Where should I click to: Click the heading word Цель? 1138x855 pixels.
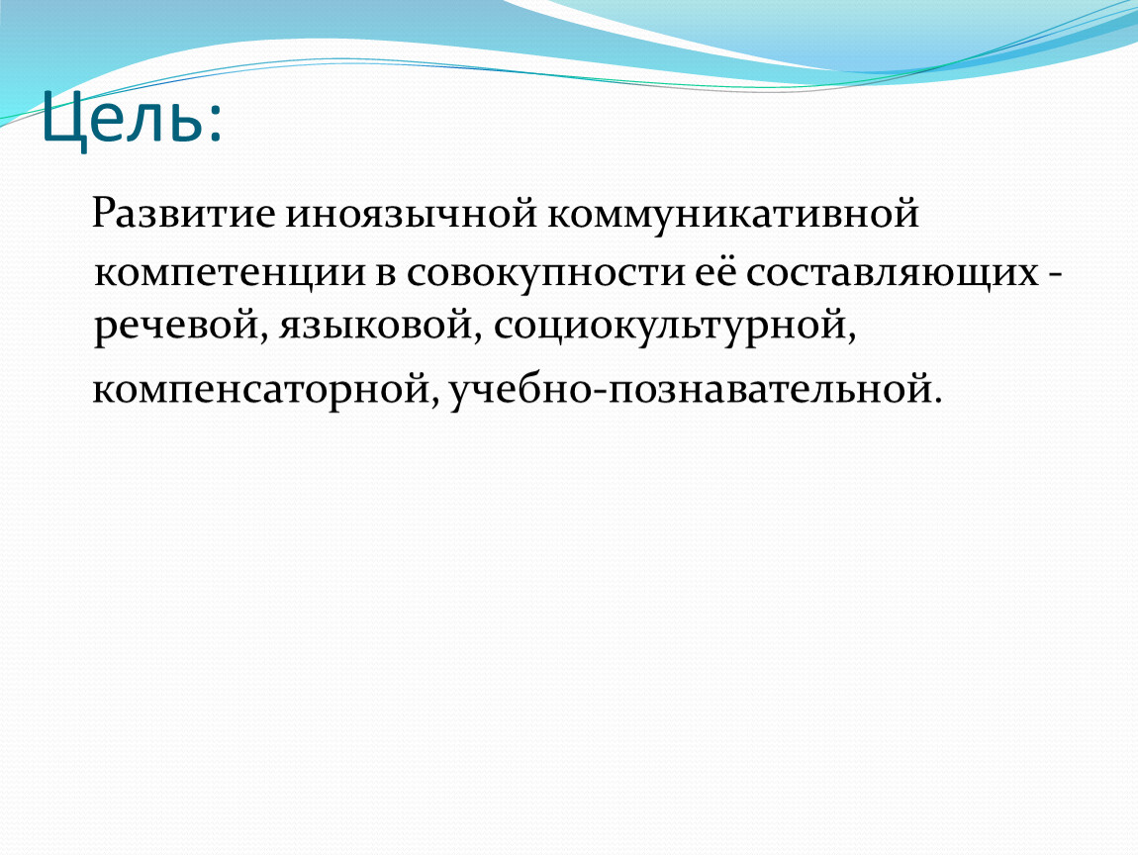[123, 118]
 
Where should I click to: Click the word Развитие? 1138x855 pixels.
[184, 214]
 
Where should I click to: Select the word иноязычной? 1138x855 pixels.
[411, 214]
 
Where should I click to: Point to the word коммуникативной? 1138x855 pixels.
[733, 215]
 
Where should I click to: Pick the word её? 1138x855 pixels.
[715, 273]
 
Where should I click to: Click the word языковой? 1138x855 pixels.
[376, 326]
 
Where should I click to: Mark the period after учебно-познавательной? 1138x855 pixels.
[938, 400]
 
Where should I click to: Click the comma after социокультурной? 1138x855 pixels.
[852, 337]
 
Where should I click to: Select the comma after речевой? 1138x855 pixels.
[264, 336]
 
